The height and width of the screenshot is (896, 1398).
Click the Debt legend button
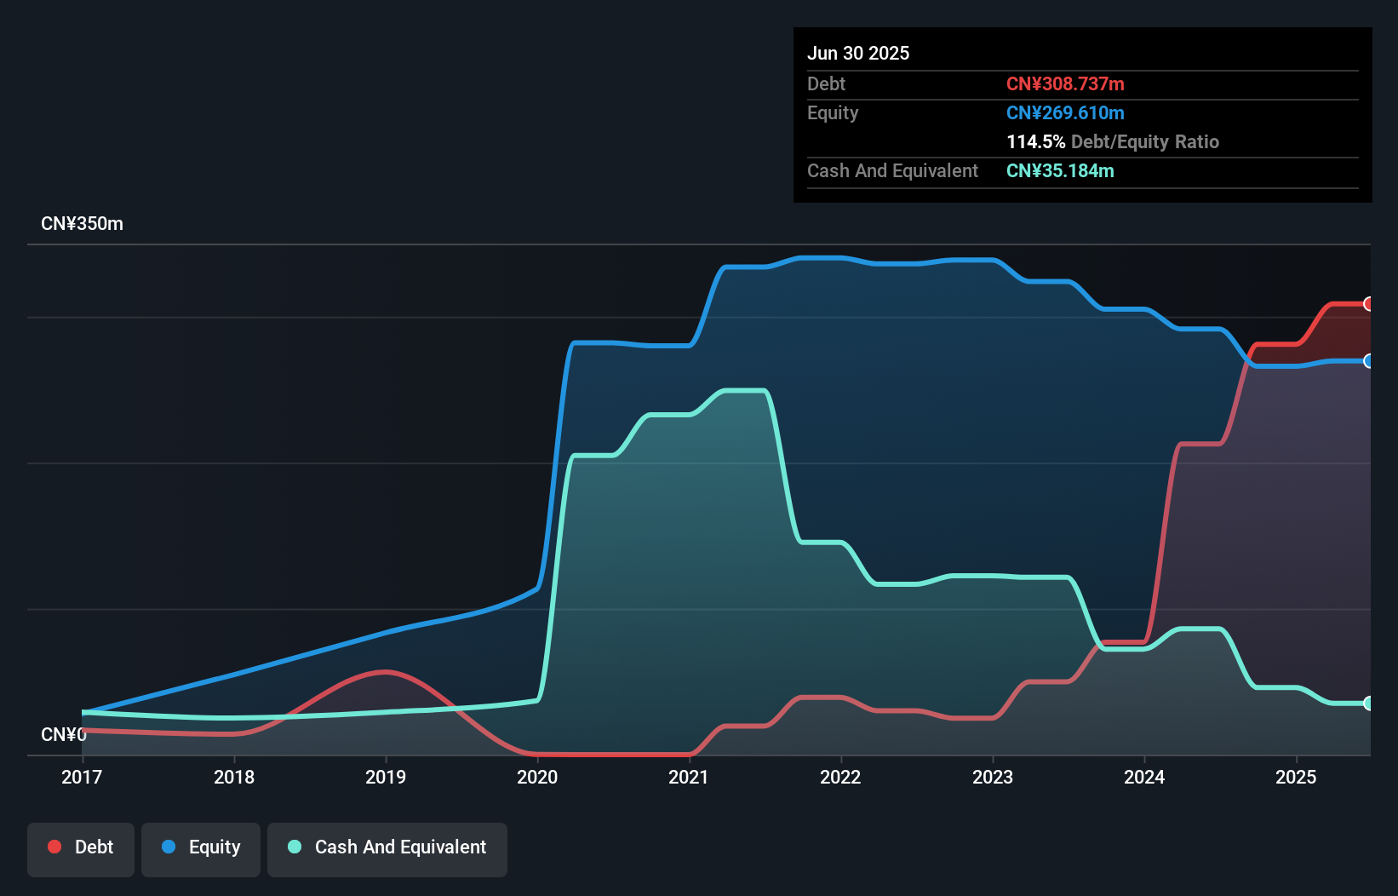click(81, 847)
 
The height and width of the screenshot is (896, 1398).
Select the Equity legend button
click(201, 847)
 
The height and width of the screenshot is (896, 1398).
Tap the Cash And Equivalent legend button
click(387, 847)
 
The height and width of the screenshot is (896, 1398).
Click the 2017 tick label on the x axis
click(82, 777)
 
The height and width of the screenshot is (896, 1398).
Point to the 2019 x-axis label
click(386, 777)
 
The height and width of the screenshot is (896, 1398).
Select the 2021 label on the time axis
click(689, 777)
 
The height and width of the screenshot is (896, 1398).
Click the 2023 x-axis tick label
click(993, 777)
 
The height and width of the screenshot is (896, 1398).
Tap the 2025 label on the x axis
click(1296, 777)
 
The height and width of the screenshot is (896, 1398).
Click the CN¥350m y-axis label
click(82, 224)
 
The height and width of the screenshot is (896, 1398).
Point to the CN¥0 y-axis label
click(63, 734)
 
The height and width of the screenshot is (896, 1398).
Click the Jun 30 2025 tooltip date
click(858, 54)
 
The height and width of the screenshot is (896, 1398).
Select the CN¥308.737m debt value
click(1065, 84)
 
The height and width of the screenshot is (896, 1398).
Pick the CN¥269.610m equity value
click(1065, 113)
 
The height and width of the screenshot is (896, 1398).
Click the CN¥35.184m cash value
click(1060, 171)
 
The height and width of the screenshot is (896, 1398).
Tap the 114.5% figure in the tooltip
click(1035, 142)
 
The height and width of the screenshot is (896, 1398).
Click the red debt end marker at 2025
click(1368, 304)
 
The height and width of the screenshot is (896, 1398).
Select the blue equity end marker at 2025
click(1368, 361)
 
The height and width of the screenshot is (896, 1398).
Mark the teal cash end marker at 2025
click(1368, 704)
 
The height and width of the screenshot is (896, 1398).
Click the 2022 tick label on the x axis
click(840, 777)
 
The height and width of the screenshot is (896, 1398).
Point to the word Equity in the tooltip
click(833, 113)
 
